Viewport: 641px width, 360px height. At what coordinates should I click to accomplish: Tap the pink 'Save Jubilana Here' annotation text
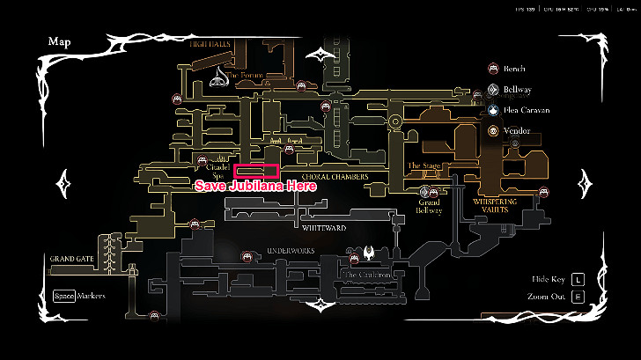[254, 186]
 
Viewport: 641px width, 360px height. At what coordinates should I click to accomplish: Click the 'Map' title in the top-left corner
[60, 40]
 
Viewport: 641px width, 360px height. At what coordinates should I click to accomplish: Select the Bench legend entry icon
[494, 68]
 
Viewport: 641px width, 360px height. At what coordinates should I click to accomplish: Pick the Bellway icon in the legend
[494, 89]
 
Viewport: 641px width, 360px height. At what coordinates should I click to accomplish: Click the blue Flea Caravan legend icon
[494, 110]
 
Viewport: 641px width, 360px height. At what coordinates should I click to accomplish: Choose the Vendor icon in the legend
[494, 131]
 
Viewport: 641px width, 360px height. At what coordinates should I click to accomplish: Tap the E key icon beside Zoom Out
[578, 296]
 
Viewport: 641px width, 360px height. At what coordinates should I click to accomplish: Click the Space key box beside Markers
[63, 296]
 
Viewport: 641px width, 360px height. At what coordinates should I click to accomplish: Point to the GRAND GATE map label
[72, 259]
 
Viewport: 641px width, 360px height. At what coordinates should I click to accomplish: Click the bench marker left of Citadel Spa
[203, 163]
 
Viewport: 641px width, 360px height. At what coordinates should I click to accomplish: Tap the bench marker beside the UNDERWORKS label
[247, 256]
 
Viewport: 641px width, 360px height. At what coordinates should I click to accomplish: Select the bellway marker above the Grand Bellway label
[430, 189]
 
